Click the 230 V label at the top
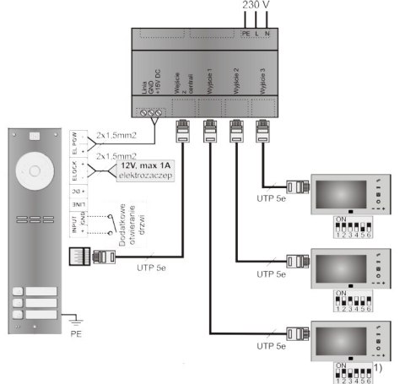(256, 6)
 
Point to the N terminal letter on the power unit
(267, 33)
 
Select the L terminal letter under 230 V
(256, 33)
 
